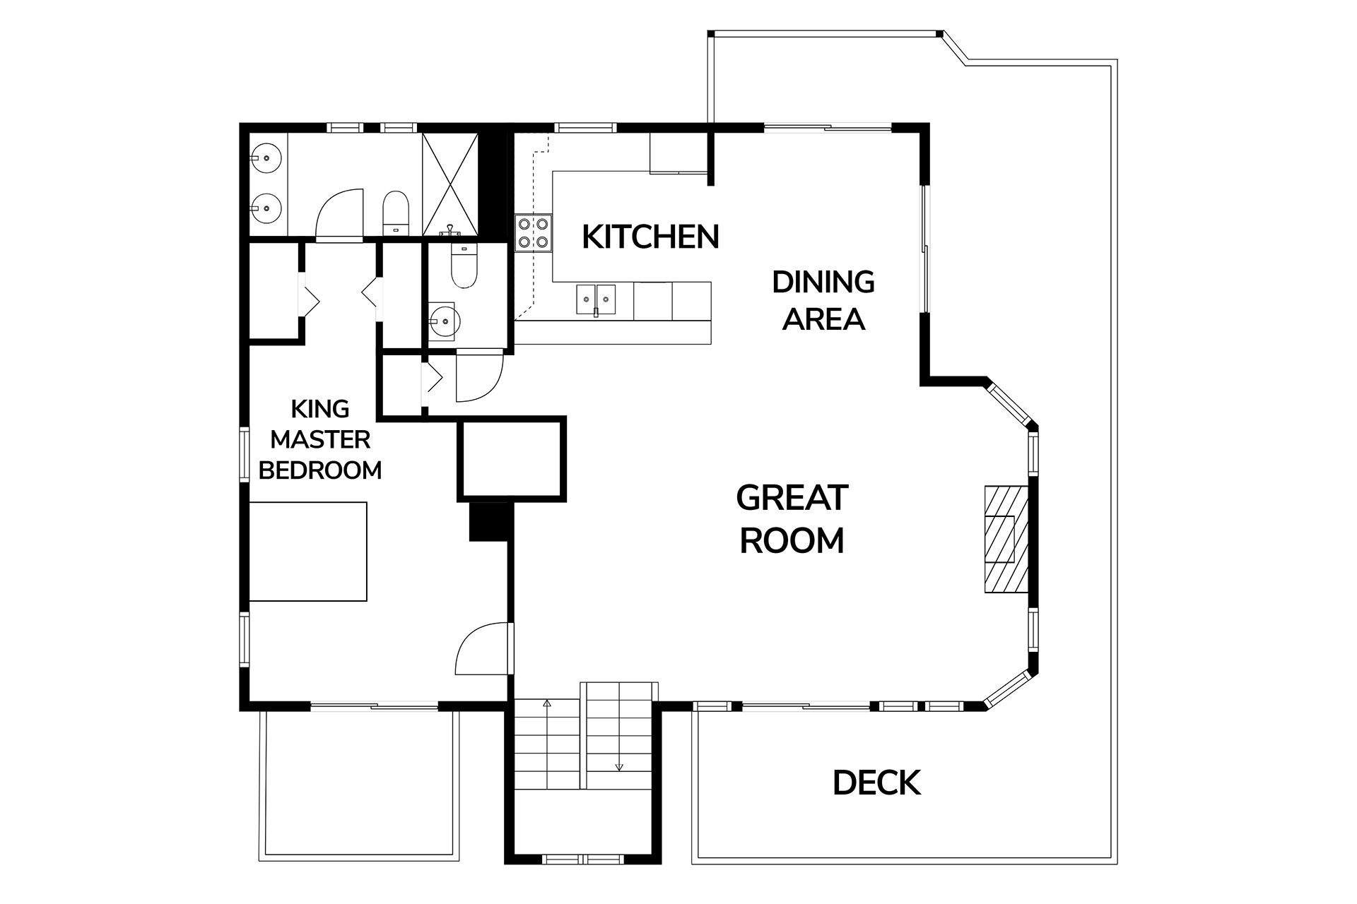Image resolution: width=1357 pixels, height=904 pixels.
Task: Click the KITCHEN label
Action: click(650, 237)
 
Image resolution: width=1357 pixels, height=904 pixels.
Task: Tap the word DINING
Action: click(823, 282)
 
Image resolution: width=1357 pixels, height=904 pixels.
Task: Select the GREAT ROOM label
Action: click(792, 519)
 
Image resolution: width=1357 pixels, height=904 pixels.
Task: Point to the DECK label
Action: click(876, 783)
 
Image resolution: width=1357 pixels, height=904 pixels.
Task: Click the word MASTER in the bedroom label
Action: click(320, 439)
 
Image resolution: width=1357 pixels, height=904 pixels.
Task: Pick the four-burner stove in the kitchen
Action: click(534, 234)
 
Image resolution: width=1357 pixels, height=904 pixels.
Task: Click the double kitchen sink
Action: click(596, 299)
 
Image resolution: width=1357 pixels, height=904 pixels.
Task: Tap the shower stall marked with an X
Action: click(450, 184)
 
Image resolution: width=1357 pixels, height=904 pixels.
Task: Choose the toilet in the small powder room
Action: click(464, 266)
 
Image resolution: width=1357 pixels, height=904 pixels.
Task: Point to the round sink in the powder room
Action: click(444, 321)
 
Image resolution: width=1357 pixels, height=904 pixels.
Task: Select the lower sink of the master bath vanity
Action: click(266, 208)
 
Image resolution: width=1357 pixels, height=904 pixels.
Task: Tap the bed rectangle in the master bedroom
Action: click(308, 552)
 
